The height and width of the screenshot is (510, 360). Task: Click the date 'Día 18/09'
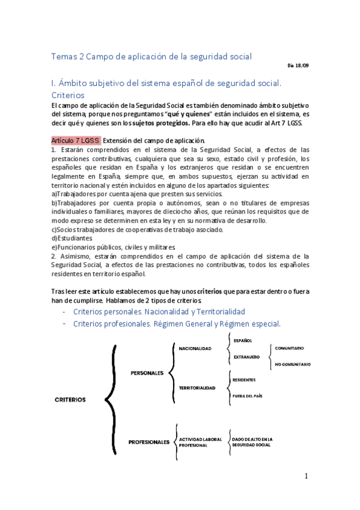pos(298,66)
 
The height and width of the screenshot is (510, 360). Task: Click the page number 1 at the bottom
pos(306,476)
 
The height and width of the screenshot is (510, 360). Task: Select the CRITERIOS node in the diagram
pos(70,399)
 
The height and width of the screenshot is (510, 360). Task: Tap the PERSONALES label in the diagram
pos(147,373)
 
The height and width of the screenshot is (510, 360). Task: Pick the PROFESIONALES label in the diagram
pos(149,442)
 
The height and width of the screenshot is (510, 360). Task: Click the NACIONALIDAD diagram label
pos(195,349)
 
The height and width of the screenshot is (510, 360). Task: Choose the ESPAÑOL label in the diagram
pos(243,341)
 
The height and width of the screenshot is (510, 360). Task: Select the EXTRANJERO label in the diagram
pos(246,357)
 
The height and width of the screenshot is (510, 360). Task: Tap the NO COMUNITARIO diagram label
pos(293,364)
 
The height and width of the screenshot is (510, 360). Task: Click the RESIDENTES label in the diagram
pos(243,380)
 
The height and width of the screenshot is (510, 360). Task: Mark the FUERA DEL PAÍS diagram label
pos(247,396)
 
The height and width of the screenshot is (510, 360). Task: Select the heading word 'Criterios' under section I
pos(68,95)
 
